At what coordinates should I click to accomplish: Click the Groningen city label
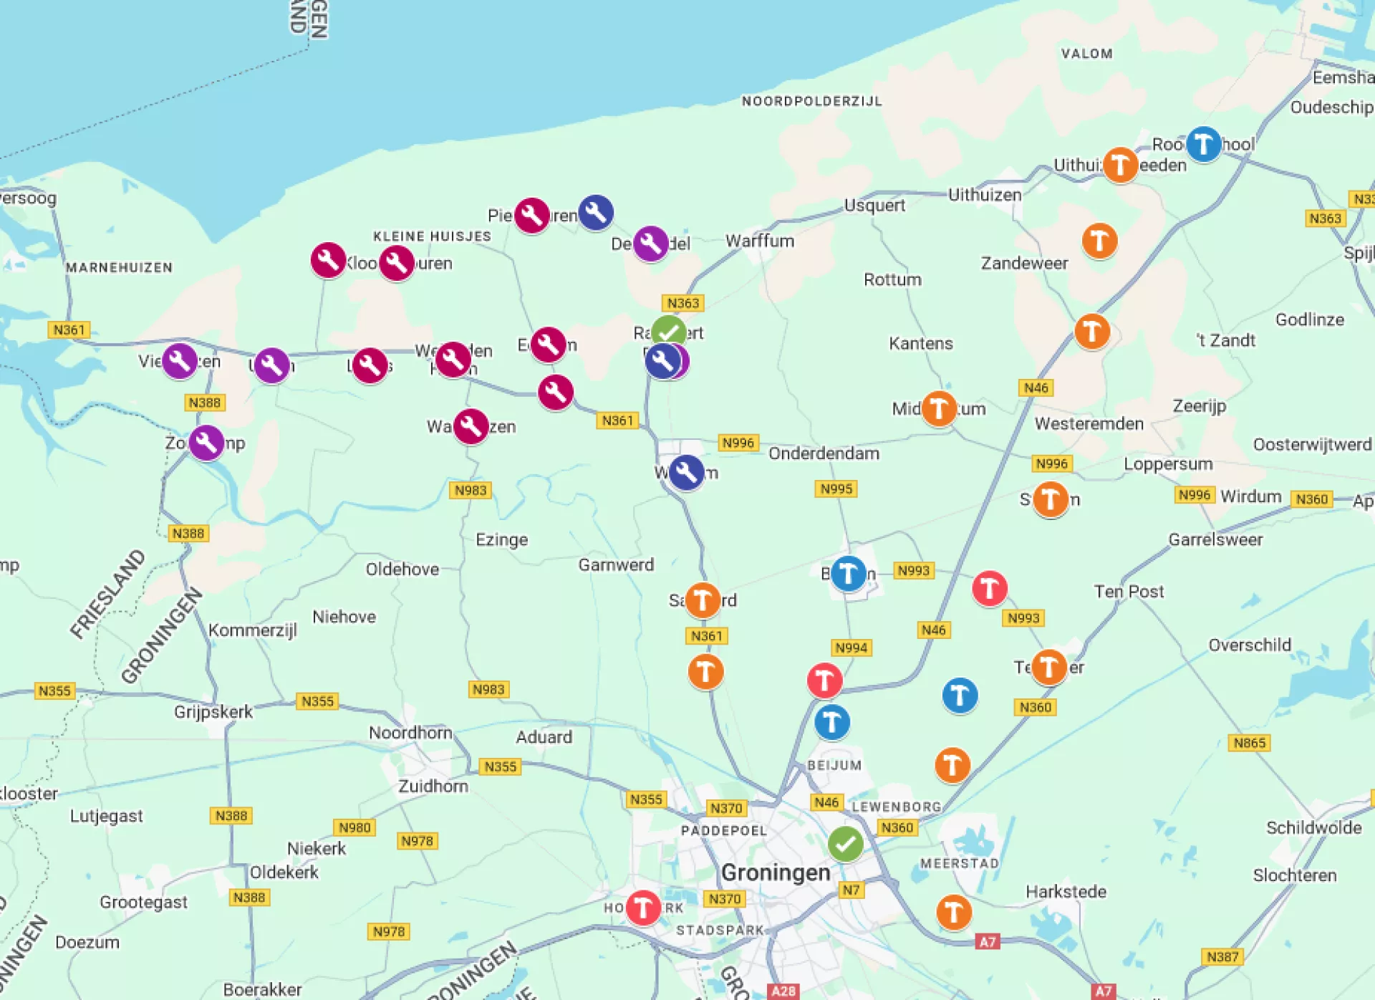(776, 872)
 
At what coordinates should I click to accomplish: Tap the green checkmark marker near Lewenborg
(845, 844)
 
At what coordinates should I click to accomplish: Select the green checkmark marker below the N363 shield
(669, 332)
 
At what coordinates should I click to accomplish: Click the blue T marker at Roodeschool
(1204, 144)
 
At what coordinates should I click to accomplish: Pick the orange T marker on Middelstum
(939, 408)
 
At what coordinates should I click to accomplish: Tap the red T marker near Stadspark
(643, 908)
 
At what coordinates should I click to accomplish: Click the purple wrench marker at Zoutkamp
(206, 443)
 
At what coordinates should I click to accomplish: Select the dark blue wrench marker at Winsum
(686, 472)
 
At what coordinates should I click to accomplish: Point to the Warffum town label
(760, 241)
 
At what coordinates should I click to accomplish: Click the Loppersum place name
(1168, 463)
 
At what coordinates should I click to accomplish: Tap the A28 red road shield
(783, 991)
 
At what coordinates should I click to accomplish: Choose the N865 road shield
(1249, 743)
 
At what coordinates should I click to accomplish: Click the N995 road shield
(836, 489)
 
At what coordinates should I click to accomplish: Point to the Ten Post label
(1129, 591)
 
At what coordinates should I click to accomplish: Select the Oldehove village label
(402, 569)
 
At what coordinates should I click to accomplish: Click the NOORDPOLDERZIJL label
(811, 101)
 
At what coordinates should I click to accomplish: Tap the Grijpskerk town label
(213, 711)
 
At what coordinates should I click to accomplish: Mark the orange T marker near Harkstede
(954, 912)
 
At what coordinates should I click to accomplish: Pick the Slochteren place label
(1294, 875)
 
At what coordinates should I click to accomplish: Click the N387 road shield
(1222, 956)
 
